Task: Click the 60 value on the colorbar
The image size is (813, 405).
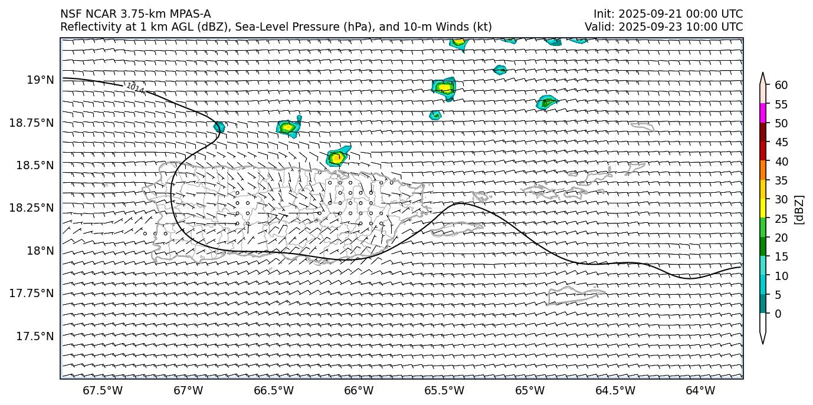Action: (x=781, y=85)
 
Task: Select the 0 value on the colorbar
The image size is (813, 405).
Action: (x=778, y=314)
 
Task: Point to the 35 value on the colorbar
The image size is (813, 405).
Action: (x=781, y=180)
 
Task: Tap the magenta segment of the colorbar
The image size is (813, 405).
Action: (x=762, y=113)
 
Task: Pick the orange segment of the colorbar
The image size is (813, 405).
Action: (x=762, y=170)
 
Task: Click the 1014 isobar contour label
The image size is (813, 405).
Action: (x=135, y=88)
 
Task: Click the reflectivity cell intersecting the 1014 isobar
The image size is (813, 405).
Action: (x=219, y=127)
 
